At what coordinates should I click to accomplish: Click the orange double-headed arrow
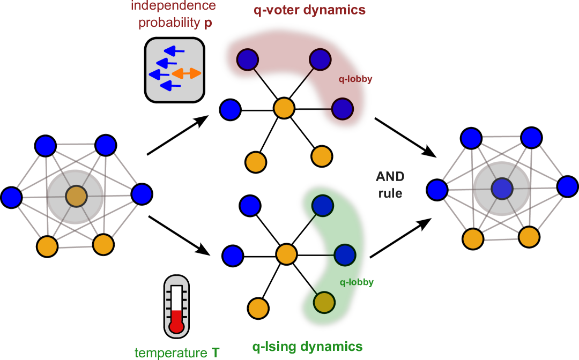(187, 73)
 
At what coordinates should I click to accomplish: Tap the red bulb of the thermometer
(176, 326)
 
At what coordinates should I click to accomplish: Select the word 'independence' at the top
(173, 6)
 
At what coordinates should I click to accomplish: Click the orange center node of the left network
(76, 196)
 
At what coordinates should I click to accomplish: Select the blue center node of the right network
(502, 189)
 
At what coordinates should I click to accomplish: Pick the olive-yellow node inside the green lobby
(324, 302)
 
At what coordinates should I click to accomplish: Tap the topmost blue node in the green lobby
(322, 205)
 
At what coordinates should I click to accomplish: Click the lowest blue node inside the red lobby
(342, 109)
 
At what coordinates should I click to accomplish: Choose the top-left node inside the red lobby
(248, 59)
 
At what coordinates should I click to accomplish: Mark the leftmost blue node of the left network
(11, 197)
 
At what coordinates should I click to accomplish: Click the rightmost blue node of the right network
(567, 186)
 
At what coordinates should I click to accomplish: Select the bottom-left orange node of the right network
(473, 239)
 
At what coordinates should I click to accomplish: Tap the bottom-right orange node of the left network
(103, 244)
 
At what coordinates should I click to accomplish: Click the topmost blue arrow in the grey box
(174, 51)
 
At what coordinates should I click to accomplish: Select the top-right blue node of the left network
(106, 145)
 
